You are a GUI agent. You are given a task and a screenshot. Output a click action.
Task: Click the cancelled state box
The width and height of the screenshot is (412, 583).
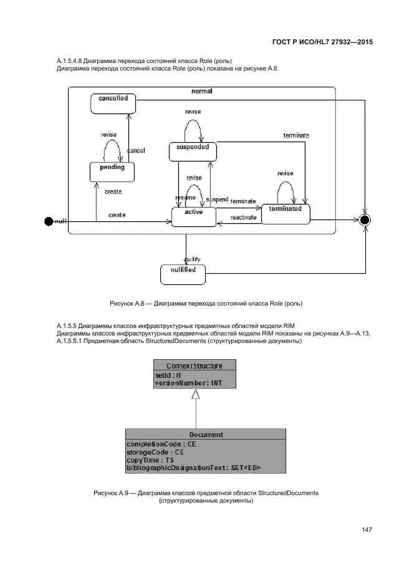click(x=112, y=103)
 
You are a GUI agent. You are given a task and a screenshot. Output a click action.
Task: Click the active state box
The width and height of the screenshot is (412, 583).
click(x=193, y=216)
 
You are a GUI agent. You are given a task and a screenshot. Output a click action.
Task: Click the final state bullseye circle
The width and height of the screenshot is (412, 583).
click(x=365, y=220)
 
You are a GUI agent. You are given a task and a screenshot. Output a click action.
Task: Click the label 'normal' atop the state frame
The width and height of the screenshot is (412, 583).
click(x=202, y=91)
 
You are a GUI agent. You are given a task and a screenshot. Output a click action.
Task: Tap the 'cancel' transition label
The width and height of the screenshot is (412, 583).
click(x=136, y=151)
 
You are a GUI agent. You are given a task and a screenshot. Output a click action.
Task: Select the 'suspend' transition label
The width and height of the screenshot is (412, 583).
click(x=216, y=200)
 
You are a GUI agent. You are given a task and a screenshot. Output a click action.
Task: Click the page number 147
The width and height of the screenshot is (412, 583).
click(x=366, y=529)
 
